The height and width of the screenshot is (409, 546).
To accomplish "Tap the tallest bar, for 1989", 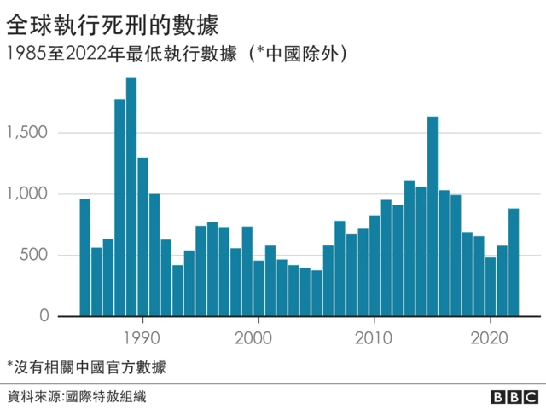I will click(x=131, y=197).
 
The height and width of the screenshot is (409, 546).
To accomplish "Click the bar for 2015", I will click(x=433, y=216).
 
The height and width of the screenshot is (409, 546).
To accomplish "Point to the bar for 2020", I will click(x=491, y=286).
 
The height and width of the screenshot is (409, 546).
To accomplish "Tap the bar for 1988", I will click(x=119, y=208).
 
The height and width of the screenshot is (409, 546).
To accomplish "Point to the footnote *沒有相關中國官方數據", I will click(x=86, y=367).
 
